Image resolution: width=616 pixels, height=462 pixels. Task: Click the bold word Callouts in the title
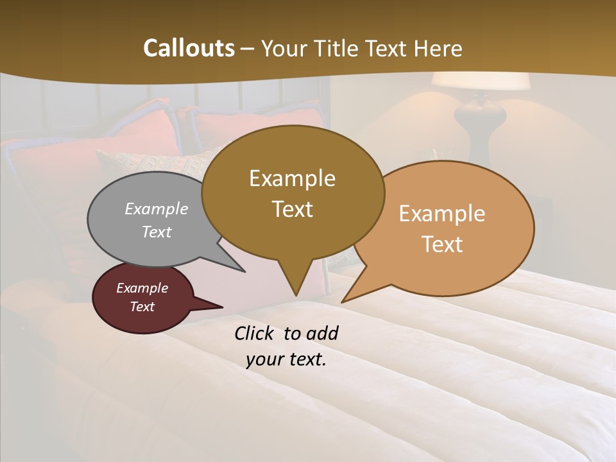click(189, 48)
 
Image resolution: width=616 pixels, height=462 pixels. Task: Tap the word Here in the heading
click(438, 48)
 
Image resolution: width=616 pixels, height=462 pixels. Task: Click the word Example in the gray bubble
click(157, 209)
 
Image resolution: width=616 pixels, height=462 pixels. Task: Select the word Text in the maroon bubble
click(142, 307)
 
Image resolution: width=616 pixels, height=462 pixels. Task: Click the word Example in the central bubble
click(292, 178)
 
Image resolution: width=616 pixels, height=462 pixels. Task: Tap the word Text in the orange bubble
click(442, 244)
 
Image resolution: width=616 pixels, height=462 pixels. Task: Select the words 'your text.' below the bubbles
click(286, 359)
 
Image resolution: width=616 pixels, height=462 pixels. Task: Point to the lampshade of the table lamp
click(480, 81)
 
